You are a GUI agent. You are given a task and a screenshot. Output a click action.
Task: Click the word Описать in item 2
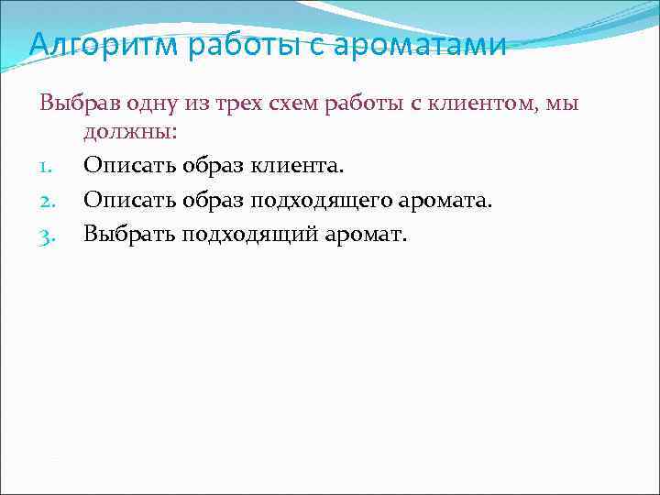pos(117,201)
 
